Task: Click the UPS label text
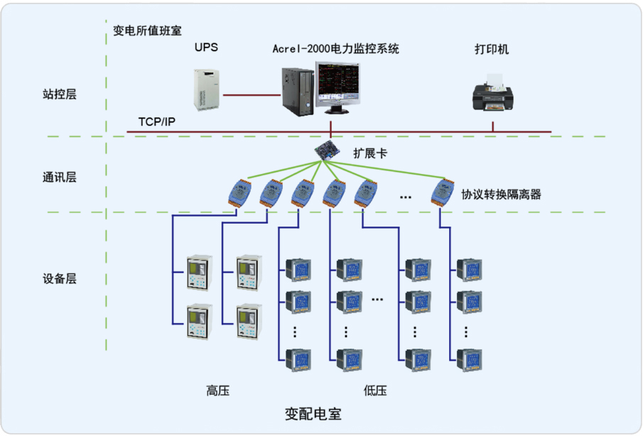pos(206,48)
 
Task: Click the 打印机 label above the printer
pos(492,50)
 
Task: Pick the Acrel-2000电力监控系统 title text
pos(336,49)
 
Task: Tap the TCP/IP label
pos(157,122)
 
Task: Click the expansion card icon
pos(330,151)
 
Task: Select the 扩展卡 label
pos(370,152)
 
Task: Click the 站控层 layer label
pos(59,94)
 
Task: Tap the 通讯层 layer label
pos(59,177)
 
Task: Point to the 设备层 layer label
pos(59,279)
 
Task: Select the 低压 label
pos(374,390)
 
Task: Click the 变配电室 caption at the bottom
pos(313,414)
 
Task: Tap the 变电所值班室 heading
pos(148,31)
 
